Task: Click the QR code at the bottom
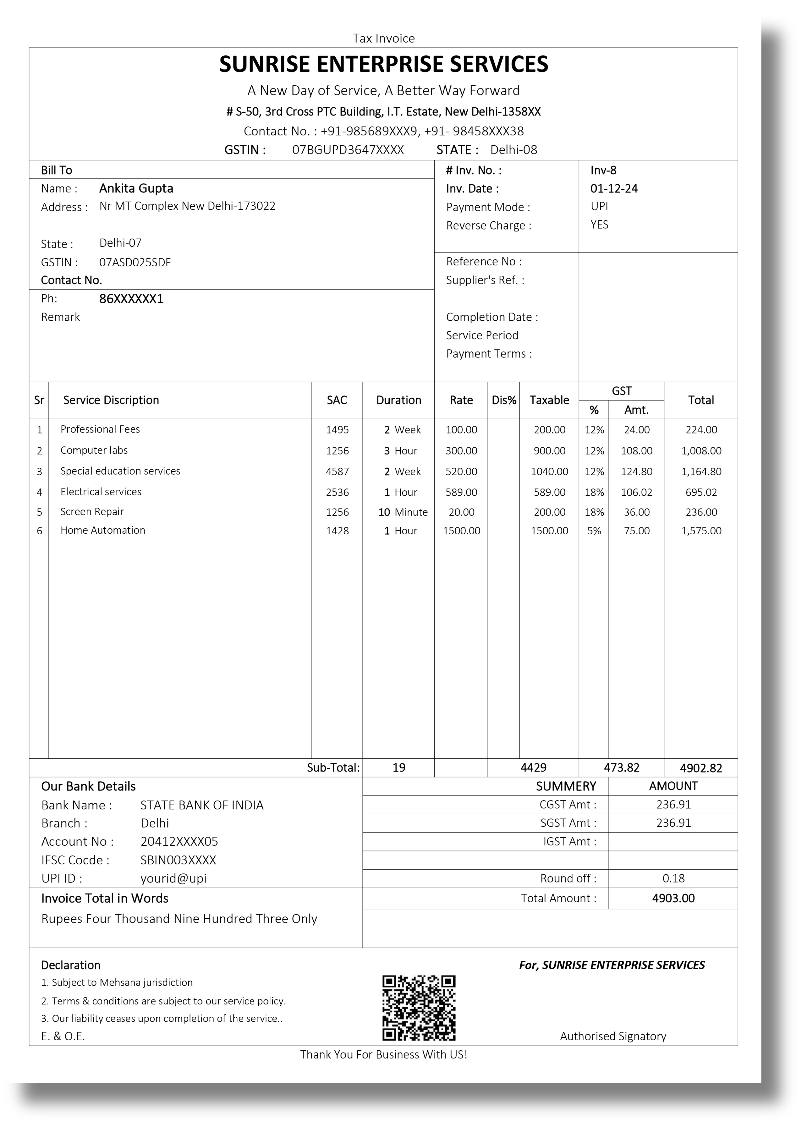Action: click(x=418, y=1008)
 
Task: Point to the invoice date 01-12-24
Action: click(x=614, y=189)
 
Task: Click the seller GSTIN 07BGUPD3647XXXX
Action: click(x=348, y=150)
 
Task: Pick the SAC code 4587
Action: click(x=337, y=472)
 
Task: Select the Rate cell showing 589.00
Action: click(x=461, y=492)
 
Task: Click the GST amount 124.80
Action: click(x=636, y=472)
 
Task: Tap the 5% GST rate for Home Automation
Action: click(x=594, y=531)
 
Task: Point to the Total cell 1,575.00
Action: click(x=701, y=531)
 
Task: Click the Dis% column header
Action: click(x=504, y=400)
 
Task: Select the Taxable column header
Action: click(x=549, y=400)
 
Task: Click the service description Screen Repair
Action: click(x=92, y=512)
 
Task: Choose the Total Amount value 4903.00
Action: click(x=673, y=898)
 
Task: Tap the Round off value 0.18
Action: click(x=673, y=878)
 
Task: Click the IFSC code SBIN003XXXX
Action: click(x=178, y=860)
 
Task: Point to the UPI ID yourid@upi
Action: click(x=173, y=878)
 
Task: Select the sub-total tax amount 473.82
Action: click(x=621, y=767)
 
